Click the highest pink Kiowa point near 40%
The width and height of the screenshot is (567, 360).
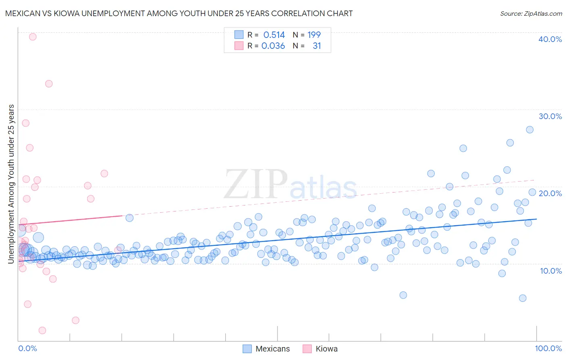point(33,37)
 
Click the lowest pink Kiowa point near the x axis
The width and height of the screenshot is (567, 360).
point(42,331)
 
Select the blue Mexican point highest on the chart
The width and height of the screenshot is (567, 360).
point(529,130)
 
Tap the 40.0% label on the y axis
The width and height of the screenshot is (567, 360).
point(550,39)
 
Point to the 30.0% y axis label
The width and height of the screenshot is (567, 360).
point(550,116)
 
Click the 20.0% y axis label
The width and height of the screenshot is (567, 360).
point(550,193)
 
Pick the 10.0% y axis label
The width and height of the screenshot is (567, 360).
point(550,271)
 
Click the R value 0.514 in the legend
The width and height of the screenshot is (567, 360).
point(274,35)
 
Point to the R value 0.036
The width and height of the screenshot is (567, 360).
point(273,46)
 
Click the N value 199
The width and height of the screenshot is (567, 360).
point(314,35)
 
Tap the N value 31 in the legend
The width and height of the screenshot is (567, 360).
point(317,46)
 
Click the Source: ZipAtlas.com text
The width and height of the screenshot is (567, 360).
point(531,14)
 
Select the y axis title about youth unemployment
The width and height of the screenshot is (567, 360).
point(11,184)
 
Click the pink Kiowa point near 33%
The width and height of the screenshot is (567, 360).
point(49,84)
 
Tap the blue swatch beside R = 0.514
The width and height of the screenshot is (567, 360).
point(239,35)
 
